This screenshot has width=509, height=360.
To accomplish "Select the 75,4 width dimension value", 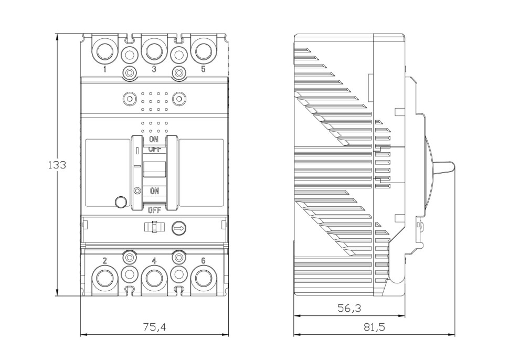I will (154, 326).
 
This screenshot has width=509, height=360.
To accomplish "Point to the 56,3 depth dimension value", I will (349, 308).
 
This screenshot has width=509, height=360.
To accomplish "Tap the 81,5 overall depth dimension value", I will (374, 326).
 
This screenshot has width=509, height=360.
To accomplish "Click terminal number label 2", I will (105, 261).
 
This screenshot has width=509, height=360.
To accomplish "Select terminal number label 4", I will (154, 261).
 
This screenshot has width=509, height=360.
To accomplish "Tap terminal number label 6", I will (203, 261).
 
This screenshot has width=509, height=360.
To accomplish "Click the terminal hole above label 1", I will (104, 51).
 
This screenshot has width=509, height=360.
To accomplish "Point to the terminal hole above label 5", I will (203, 51).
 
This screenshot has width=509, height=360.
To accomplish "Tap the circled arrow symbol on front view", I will (179, 228).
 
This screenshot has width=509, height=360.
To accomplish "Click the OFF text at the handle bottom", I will (154, 210).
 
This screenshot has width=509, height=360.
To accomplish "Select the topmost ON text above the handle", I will (154, 140).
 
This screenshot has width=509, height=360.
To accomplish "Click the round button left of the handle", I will (121, 202).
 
